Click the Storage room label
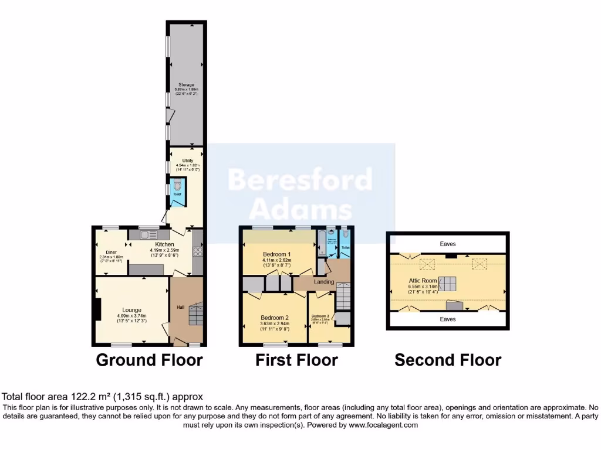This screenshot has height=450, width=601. pyautogui.click(x=186, y=85)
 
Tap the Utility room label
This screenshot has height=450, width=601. pyautogui.click(x=188, y=160)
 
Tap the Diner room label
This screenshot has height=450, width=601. pyautogui.click(x=111, y=253)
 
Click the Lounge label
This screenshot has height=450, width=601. pyautogui.click(x=132, y=310)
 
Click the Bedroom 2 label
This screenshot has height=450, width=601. pyautogui.click(x=275, y=318)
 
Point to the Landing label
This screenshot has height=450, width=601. pyautogui.click(x=324, y=282)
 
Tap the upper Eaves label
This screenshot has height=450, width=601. pyautogui.click(x=448, y=244)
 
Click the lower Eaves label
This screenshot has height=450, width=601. pyautogui.click(x=448, y=319)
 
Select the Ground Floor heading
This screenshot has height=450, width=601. pyautogui.click(x=149, y=360)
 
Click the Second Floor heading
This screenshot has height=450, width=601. pyautogui.click(x=448, y=360)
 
